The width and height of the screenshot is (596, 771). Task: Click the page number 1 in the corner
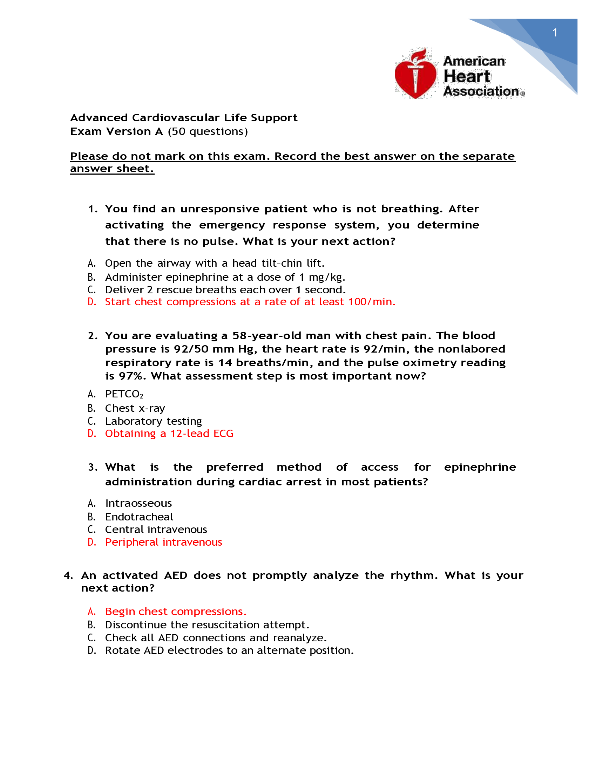pyautogui.click(x=555, y=33)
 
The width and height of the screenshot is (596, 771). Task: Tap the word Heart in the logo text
pyautogui.click(x=467, y=76)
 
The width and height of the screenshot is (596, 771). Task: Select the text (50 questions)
pyautogui.click(x=208, y=131)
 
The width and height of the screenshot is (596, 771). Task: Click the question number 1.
pyautogui.click(x=93, y=209)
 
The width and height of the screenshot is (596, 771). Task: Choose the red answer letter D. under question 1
pyautogui.click(x=92, y=302)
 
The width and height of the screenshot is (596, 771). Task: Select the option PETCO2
pyautogui.click(x=124, y=394)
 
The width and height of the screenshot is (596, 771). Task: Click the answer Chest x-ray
pyautogui.click(x=135, y=408)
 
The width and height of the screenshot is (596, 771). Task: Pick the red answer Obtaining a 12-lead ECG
pyautogui.click(x=169, y=434)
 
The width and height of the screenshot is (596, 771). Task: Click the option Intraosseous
pyautogui.click(x=138, y=503)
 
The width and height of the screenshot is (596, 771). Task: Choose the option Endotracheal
pyautogui.click(x=139, y=517)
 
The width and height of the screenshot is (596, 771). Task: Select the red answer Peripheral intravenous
pyautogui.click(x=163, y=542)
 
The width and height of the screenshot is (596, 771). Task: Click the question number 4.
pyautogui.click(x=68, y=575)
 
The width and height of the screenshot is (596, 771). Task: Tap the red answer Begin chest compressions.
pyautogui.click(x=176, y=612)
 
